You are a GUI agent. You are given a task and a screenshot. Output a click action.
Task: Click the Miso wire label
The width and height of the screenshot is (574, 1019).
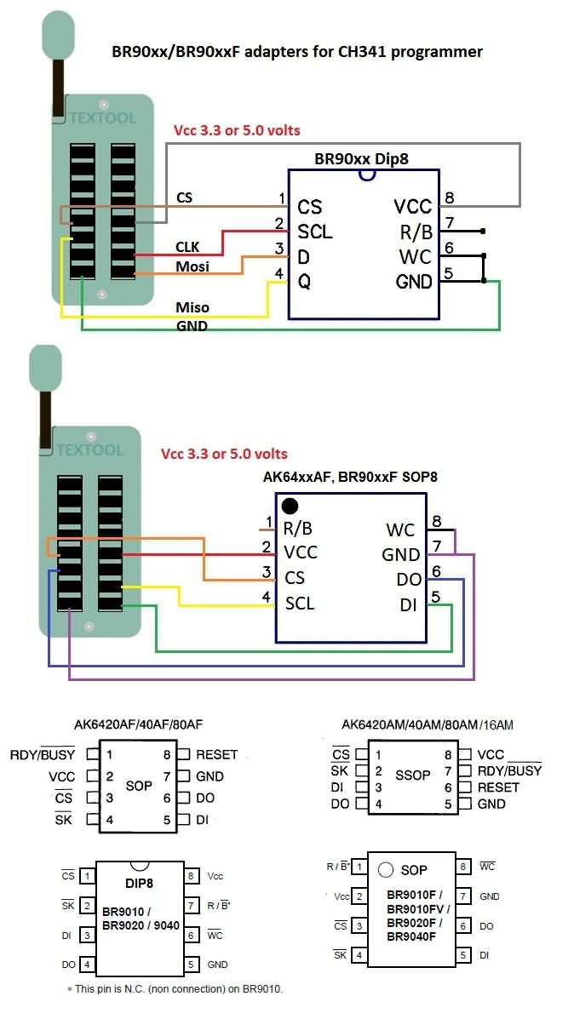point(192,306)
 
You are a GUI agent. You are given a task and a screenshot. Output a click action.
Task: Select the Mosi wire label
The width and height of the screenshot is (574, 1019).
point(192,266)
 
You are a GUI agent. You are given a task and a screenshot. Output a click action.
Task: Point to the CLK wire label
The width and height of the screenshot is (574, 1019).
point(188,247)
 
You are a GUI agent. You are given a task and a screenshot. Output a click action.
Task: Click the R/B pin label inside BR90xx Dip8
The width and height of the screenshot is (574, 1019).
point(416,232)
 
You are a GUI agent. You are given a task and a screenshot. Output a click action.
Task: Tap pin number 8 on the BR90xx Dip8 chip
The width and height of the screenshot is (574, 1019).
point(449,197)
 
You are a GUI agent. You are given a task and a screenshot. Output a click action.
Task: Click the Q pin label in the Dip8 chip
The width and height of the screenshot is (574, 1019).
point(305,282)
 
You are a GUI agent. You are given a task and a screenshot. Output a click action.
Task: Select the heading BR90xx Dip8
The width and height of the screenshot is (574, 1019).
point(361,158)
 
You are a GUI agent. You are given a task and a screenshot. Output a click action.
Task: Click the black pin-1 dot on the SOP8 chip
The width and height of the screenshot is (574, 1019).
point(290,506)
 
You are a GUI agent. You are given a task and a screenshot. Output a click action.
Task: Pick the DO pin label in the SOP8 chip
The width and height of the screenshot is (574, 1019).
point(408,579)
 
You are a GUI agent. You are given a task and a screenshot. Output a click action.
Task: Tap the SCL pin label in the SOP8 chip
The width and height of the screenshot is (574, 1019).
point(300,604)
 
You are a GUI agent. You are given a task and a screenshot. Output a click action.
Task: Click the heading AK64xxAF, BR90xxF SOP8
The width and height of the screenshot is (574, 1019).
point(350,477)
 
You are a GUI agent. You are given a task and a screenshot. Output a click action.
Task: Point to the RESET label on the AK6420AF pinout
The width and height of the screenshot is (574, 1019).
point(216,754)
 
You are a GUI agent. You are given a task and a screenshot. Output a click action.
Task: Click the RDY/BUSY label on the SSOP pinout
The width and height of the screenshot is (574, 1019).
point(509,770)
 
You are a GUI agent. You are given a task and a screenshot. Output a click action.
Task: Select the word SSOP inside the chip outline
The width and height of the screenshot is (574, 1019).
point(413,776)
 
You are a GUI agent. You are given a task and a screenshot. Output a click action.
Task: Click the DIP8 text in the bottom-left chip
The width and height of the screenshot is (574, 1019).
point(139,884)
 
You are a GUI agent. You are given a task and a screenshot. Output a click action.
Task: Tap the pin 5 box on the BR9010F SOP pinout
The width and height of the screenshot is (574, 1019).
point(463,955)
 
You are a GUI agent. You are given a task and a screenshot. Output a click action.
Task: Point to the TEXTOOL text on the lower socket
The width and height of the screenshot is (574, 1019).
point(89,449)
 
